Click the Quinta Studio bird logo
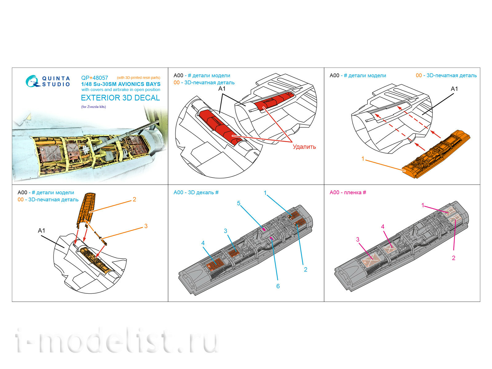(32, 81)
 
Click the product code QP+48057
(94, 78)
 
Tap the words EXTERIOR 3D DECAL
(120, 98)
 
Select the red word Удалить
(304, 147)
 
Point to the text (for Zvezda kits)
(93, 107)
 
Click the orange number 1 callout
(363, 159)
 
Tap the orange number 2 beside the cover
(134, 199)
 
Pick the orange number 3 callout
(146, 226)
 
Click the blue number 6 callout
(278, 286)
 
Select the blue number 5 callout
(239, 203)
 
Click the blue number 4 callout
(203, 243)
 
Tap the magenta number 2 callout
(454, 258)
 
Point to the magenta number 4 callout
(383, 227)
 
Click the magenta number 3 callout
(358, 239)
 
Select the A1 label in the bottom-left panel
(42, 231)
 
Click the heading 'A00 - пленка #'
(348, 192)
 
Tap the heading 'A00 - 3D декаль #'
(196, 192)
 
